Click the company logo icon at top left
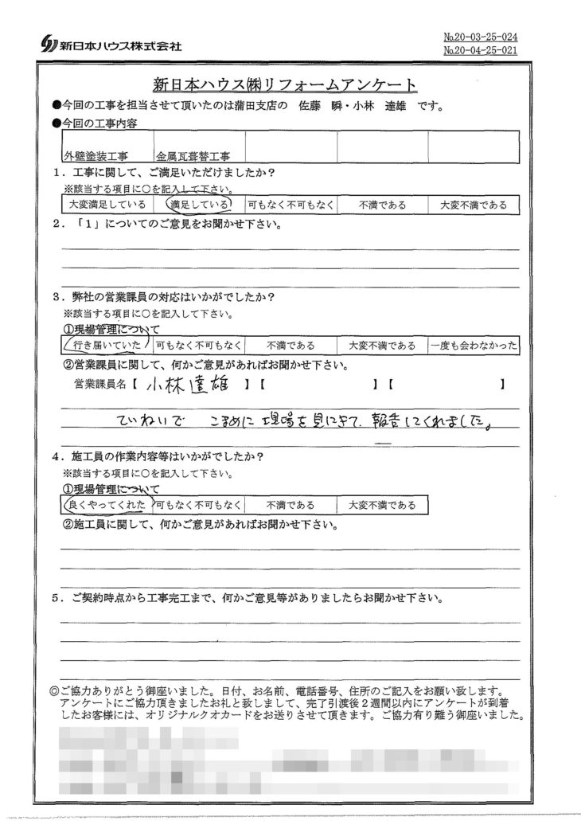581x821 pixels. click(47, 45)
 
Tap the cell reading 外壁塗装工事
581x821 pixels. click(98, 159)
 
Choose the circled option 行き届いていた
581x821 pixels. click(104, 345)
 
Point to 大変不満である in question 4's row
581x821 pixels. click(381, 504)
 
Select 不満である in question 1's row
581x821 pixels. click(382, 205)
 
